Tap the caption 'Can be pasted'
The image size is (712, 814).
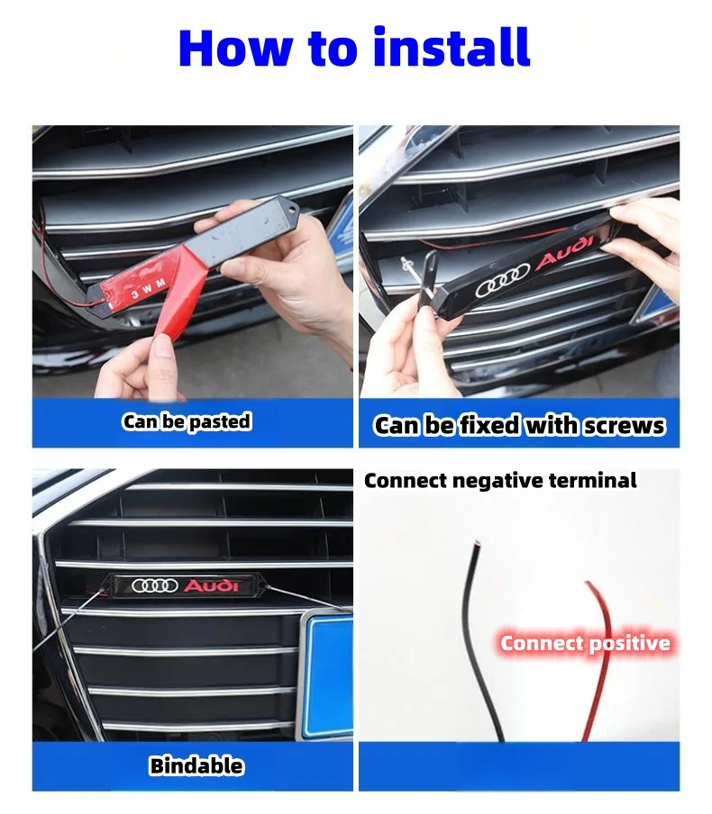[187, 421]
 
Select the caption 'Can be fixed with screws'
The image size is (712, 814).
[519, 425]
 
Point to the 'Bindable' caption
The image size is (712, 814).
[196, 766]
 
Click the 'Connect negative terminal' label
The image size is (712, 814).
[500, 481]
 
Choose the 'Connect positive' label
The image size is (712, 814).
[585, 643]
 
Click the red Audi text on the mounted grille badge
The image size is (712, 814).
[212, 586]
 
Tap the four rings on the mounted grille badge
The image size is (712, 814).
[155, 586]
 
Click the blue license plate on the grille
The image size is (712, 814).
[328, 671]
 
